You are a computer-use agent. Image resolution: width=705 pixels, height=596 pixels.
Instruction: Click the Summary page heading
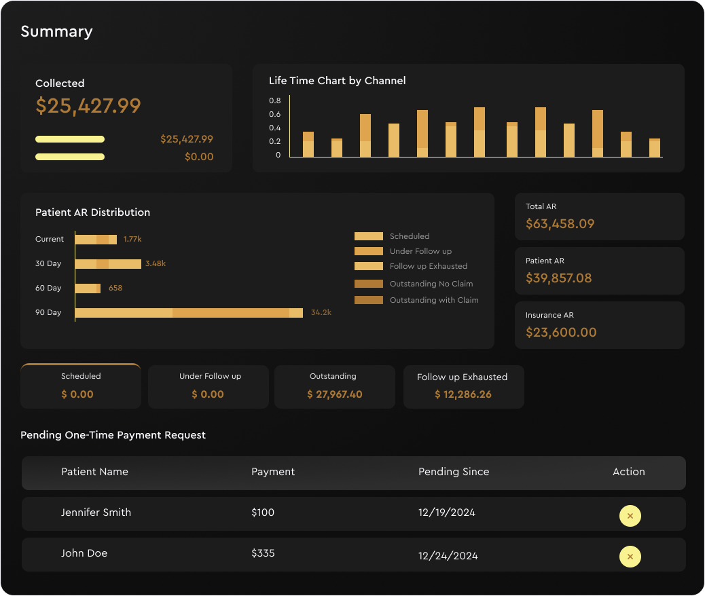pyautogui.click(x=56, y=32)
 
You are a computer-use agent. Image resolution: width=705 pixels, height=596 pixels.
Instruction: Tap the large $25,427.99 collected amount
pyautogui.click(x=88, y=106)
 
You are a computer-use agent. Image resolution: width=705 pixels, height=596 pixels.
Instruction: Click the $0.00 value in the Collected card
pyautogui.click(x=199, y=157)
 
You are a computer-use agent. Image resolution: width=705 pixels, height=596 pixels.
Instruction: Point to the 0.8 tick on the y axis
pyautogui.click(x=274, y=100)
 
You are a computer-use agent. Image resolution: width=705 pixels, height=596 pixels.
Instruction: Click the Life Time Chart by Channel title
pyautogui.click(x=337, y=81)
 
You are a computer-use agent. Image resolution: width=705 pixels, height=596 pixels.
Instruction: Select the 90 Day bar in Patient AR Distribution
pyautogui.click(x=189, y=313)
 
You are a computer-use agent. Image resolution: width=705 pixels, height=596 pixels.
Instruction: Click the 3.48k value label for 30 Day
pyautogui.click(x=156, y=263)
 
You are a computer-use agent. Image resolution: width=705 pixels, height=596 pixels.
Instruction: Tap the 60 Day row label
pyautogui.click(x=48, y=288)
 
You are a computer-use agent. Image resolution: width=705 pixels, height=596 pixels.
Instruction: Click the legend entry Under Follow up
pyautogui.click(x=420, y=251)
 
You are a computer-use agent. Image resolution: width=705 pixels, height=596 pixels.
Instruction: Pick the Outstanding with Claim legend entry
pyautogui.click(x=433, y=300)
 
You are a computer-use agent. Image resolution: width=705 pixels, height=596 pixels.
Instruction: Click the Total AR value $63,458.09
pyautogui.click(x=560, y=224)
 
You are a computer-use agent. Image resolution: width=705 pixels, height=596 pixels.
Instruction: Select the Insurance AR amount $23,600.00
pyautogui.click(x=561, y=333)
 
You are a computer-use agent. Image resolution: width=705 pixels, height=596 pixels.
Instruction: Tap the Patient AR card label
pyautogui.click(x=545, y=261)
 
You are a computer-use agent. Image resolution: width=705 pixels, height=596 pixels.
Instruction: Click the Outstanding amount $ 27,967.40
pyautogui.click(x=334, y=394)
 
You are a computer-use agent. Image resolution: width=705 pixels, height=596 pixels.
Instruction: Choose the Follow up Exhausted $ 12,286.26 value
pyautogui.click(x=463, y=394)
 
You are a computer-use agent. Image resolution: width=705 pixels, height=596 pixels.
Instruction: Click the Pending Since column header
pyautogui.click(x=454, y=472)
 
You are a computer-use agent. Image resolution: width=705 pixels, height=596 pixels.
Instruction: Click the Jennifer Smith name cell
pyautogui.click(x=96, y=513)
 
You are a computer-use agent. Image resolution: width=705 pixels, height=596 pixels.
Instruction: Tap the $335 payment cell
pyautogui.click(x=263, y=553)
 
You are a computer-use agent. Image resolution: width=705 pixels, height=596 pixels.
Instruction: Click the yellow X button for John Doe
pyautogui.click(x=630, y=557)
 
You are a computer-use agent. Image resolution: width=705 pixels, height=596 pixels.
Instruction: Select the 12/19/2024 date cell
pyautogui.click(x=447, y=513)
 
